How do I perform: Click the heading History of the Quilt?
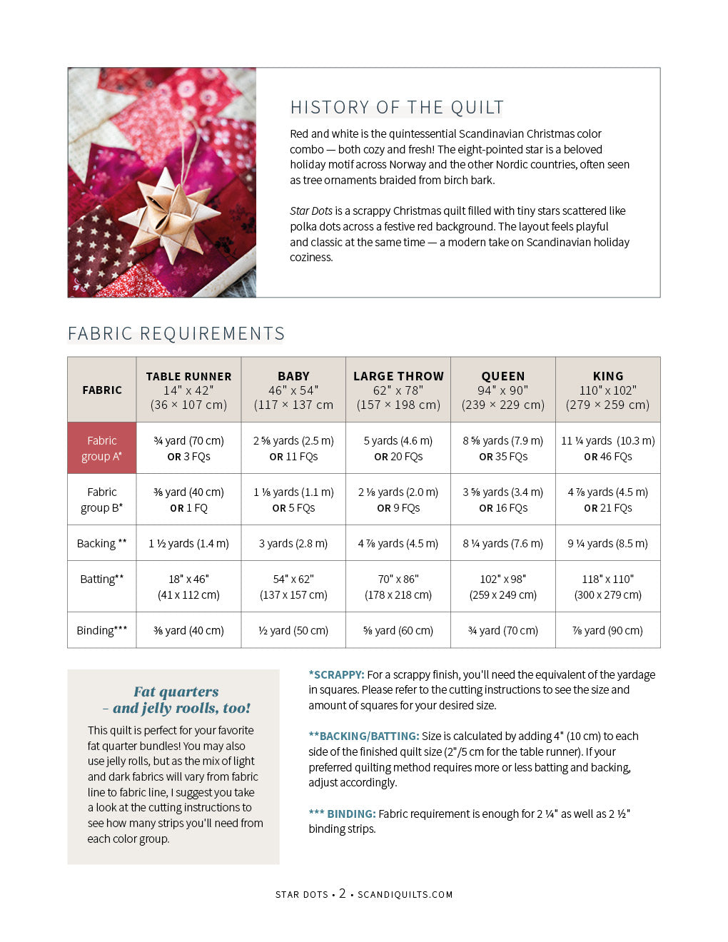tap(396, 108)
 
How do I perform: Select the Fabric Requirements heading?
tap(176, 333)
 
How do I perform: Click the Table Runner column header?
tap(188, 390)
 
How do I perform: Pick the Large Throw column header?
tap(398, 390)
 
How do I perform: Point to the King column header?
tap(607, 390)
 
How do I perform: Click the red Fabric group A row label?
tap(102, 448)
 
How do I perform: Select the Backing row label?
tap(102, 543)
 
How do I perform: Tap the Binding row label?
tap(102, 630)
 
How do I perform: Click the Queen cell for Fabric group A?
tap(503, 448)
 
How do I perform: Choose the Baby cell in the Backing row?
tap(293, 543)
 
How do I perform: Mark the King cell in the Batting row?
tap(607, 587)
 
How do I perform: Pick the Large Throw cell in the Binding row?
tap(398, 630)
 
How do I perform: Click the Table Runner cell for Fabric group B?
tap(188, 500)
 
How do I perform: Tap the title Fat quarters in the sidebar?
tap(176, 692)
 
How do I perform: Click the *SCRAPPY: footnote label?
tap(336, 674)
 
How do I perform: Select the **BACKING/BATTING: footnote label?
tap(364, 736)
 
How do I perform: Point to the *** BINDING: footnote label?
tap(342, 814)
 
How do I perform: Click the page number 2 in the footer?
tap(343, 893)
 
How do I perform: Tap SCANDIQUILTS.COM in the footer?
tap(405, 894)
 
